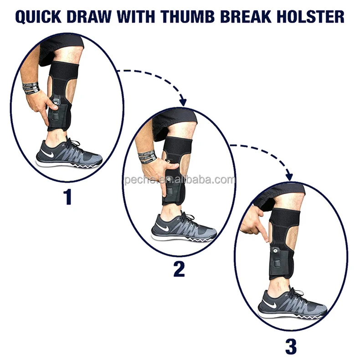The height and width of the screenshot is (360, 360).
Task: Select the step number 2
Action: (179, 268)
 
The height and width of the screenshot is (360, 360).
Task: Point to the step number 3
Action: (290, 346)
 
